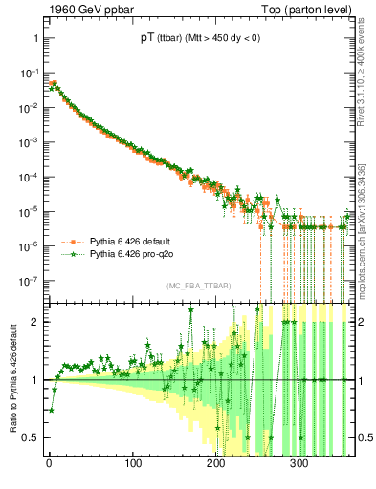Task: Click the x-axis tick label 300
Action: [x=299, y=465]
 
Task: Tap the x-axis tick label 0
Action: [x=49, y=465]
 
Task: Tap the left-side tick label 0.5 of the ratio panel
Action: [x=32, y=438]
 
